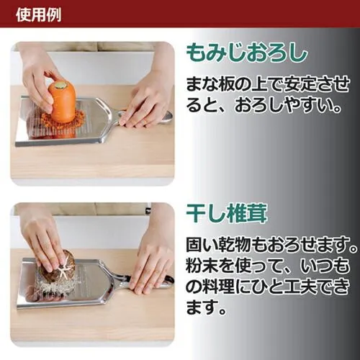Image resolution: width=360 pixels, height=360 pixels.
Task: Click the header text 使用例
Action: [x=38, y=14]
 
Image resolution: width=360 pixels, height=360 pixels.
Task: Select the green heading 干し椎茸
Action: [x=227, y=214]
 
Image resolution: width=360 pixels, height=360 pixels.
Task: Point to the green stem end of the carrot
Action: [x=60, y=84]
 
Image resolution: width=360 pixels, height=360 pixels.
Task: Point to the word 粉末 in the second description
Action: [x=202, y=266]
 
